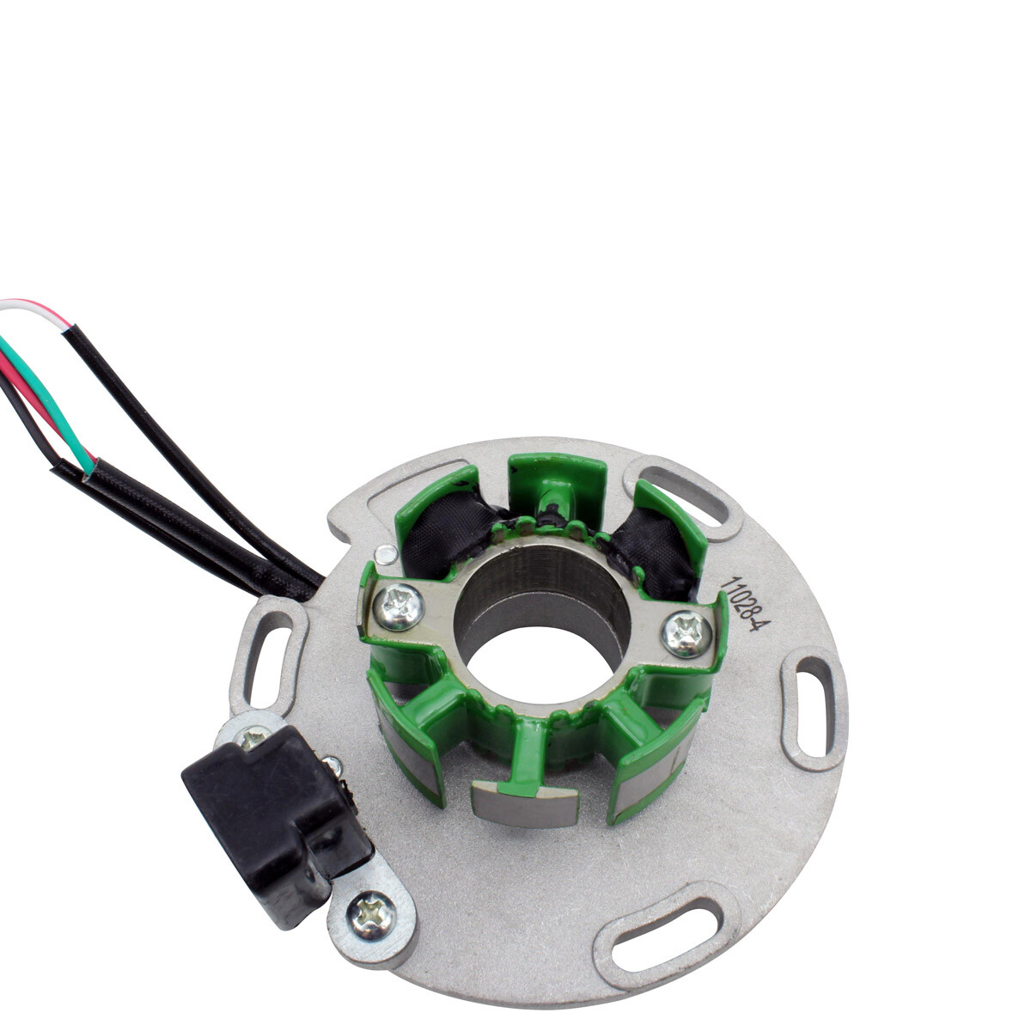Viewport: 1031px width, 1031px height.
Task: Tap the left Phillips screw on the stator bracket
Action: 400,607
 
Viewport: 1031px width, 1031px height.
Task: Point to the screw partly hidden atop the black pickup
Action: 253,736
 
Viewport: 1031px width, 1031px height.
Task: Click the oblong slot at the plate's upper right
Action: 683,496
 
